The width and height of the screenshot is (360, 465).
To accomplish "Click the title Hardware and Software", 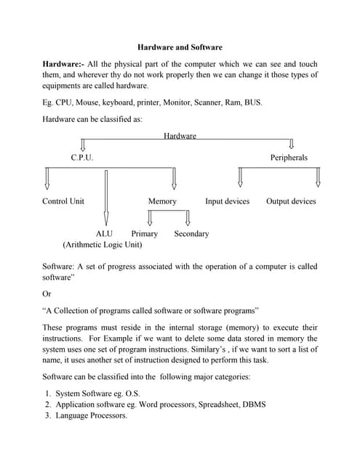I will (x=180, y=47).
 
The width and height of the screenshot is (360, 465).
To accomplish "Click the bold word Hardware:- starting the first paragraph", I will (x=63, y=65).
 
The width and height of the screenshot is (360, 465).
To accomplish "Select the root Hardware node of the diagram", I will (x=180, y=136).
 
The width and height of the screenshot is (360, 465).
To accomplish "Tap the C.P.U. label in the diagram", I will (x=81, y=158).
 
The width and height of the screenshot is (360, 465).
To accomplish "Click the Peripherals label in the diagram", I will (x=289, y=158).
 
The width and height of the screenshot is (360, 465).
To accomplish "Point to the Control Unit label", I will (x=63, y=201).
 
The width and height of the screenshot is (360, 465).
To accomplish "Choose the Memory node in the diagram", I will (x=161, y=201).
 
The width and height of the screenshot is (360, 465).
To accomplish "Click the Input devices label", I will (x=227, y=201).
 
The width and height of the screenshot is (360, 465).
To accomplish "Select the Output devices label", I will (x=291, y=201).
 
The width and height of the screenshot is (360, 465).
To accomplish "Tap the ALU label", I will (x=104, y=234).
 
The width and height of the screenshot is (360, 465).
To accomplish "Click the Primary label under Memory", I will (x=144, y=234).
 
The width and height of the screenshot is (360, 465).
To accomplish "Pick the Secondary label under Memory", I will (x=191, y=234).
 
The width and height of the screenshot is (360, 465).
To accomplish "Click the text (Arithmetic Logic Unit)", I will (x=103, y=245).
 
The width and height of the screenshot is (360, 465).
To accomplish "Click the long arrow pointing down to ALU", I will (x=106, y=196).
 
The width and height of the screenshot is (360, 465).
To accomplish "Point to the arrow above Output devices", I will (x=318, y=177).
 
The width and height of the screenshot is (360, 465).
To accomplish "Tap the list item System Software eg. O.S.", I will (x=97, y=393).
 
